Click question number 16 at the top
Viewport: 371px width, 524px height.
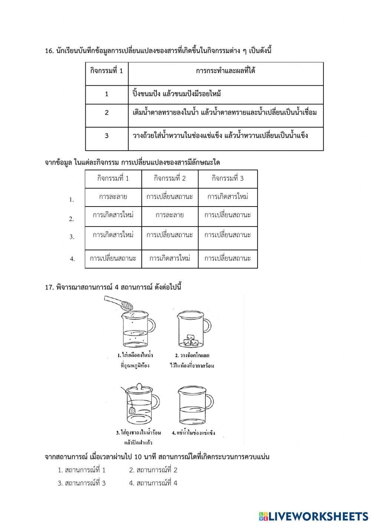click(x=49, y=51)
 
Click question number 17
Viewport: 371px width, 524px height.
click(x=49, y=287)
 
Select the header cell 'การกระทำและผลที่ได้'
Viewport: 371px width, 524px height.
click(x=226, y=71)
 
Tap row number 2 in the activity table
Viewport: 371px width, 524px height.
click(x=106, y=113)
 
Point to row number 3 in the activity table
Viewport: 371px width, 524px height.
click(x=106, y=136)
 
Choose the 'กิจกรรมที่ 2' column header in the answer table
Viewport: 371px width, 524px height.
click(x=170, y=178)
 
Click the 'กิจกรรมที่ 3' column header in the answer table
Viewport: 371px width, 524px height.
click(x=228, y=178)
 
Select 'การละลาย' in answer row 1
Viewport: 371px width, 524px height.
click(x=113, y=197)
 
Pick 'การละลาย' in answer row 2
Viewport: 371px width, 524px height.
click(x=170, y=215)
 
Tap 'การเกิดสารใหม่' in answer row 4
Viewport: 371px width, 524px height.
click(x=170, y=258)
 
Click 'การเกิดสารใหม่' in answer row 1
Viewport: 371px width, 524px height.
click(x=228, y=197)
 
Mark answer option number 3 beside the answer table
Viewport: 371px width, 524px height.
click(x=72, y=237)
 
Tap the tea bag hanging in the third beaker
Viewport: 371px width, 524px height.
click(x=132, y=410)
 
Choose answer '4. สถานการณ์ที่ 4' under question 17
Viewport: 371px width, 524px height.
click(x=153, y=483)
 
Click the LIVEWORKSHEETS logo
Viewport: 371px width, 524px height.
click(x=313, y=516)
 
